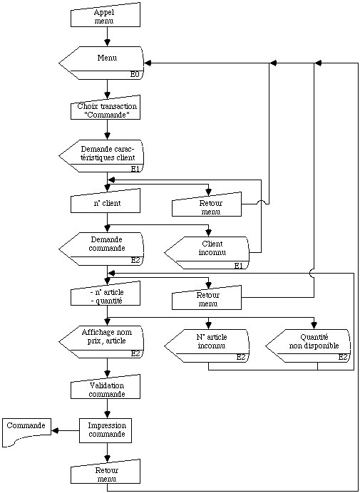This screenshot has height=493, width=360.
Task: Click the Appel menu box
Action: (x=105, y=16)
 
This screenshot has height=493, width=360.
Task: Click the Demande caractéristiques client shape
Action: (x=102, y=156)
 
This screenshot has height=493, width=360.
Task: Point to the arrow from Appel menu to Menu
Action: (x=108, y=37)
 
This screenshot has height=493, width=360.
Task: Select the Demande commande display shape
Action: (x=102, y=249)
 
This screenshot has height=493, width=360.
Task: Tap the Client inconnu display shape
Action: (x=207, y=252)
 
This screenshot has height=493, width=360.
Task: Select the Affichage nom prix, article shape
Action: (x=102, y=341)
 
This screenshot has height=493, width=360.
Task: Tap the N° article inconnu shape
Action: (x=207, y=346)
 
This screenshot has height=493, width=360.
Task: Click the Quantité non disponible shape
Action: (x=309, y=346)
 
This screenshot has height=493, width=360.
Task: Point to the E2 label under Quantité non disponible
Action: (x=343, y=358)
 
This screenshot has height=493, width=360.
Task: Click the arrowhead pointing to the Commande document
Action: (x=56, y=431)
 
